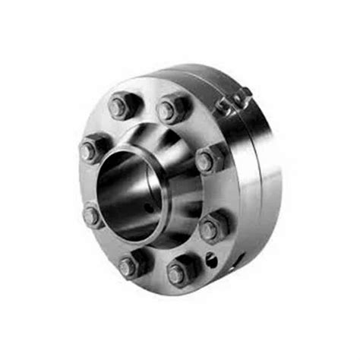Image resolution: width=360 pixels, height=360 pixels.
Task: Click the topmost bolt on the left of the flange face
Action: (122, 106)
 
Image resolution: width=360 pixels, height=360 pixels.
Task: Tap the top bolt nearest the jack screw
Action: (172, 109)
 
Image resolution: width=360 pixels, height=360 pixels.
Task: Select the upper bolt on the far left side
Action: (93, 148)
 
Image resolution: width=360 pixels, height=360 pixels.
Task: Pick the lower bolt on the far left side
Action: (93, 216)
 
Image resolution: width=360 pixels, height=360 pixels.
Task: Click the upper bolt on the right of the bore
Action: (209, 159)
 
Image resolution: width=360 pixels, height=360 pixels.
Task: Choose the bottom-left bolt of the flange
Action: (131, 264)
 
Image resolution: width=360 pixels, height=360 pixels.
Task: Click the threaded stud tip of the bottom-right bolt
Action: (177, 273)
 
